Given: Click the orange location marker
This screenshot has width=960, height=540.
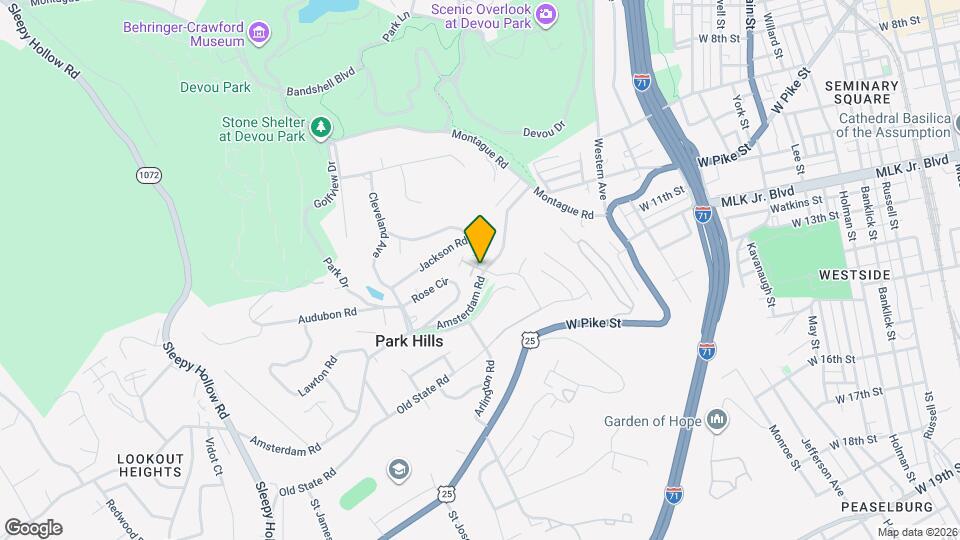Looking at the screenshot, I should point(480,238).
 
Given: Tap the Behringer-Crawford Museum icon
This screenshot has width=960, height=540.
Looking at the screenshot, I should point(259,34).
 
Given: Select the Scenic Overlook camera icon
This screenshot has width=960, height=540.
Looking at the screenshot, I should point(546,13).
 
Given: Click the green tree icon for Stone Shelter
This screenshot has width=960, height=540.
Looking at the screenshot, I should point(320,127).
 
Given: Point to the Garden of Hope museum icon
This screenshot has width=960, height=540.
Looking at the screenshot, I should point(716,419).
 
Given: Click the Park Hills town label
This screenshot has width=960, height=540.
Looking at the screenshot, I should point(409,341).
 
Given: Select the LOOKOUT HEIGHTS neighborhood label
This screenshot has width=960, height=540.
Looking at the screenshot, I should point(150,464).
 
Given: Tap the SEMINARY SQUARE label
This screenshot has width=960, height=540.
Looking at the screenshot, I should point(862,92).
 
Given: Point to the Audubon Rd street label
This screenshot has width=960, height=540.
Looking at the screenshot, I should point(327,315).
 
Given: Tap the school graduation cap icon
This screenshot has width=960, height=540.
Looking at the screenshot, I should point(398,470).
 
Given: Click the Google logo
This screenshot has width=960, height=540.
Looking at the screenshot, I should point(33,528).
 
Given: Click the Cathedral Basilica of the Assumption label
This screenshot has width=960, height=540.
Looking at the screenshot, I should point(893,124).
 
